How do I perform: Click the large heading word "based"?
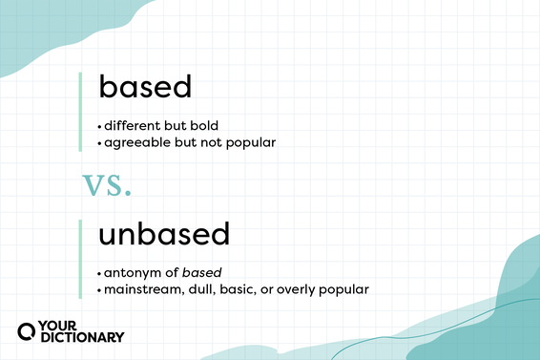145,88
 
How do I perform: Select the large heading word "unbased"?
164,234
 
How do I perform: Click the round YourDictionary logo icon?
28,331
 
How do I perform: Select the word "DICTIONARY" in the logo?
82,337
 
